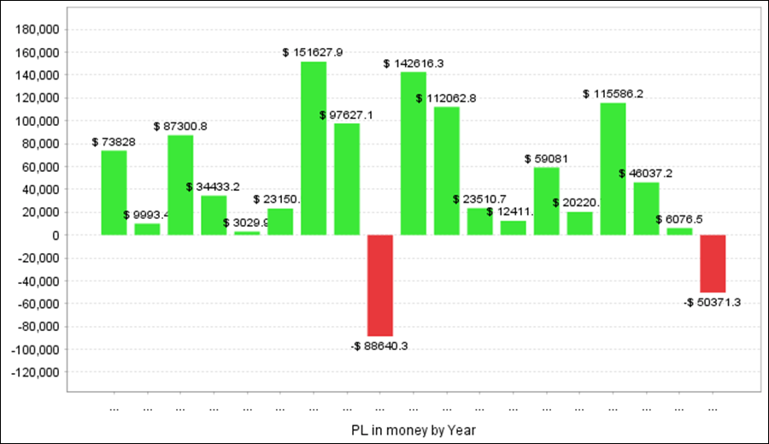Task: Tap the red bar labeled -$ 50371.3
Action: click(713, 263)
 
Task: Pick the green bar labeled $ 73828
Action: click(114, 192)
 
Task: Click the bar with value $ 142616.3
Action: click(414, 153)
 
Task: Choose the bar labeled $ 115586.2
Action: click(613, 169)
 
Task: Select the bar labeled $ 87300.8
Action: click(180, 185)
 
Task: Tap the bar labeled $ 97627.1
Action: click(347, 179)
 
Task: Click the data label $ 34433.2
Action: click(213, 186)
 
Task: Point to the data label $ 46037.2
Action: click(646, 174)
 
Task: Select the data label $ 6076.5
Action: click(679, 219)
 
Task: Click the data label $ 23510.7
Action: click(479, 199)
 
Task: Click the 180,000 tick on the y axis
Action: click(36, 29)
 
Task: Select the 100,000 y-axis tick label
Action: click(36, 121)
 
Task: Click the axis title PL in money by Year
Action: click(413, 428)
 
